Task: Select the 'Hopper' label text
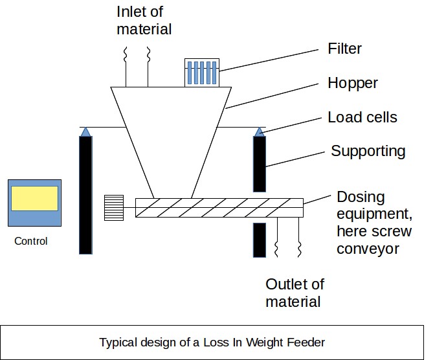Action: tap(353, 83)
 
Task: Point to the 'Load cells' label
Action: tap(362, 117)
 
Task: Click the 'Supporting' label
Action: tap(368, 152)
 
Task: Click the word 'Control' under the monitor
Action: tap(31, 242)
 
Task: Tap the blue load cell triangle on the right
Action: tap(259, 131)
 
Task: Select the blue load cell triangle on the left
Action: tap(85, 131)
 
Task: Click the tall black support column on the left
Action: tap(85, 194)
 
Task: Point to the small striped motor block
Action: tap(114, 207)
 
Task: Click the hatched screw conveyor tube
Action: tap(219, 207)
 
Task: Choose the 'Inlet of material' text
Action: tap(144, 20)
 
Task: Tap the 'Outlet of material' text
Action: tap(295, 293)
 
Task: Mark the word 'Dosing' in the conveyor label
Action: tap(361, 197)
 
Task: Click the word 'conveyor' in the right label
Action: tap(367, 249)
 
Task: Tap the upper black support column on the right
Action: tap(259, 164)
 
